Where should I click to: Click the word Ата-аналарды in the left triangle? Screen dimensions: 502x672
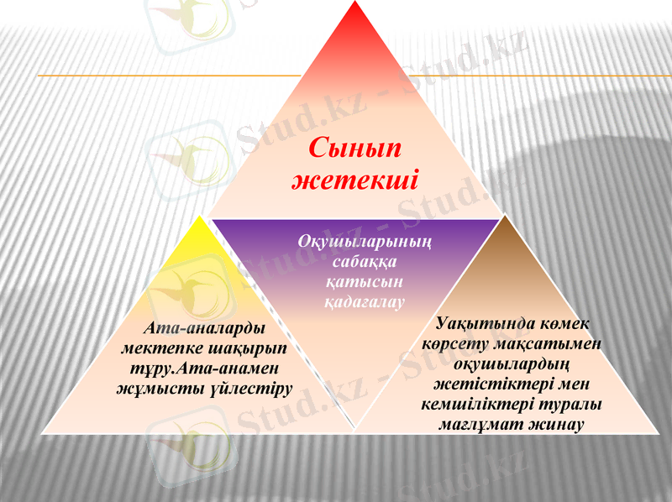(204, 328)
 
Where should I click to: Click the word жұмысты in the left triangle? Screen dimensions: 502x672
(147, 387)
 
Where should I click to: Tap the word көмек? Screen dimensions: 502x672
(566, 324)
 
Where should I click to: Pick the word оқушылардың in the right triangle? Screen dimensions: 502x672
(512, 363)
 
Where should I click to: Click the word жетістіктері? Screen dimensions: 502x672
(488, 384)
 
